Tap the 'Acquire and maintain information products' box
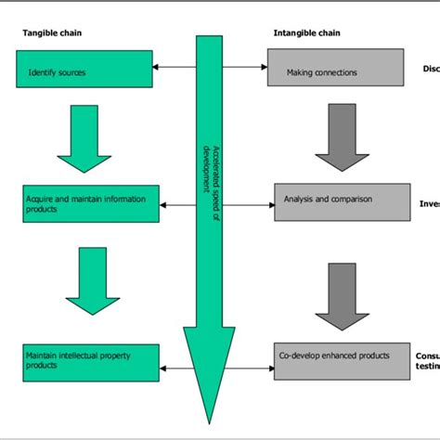pyautogui.click(x=91, y=202)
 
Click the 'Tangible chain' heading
pyautogui.click(x=50, y=33)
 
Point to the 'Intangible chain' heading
pyautogui.click(x=306, y=33)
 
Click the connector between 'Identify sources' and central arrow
pyautogui.click(x=175, y=66)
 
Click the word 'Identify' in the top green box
pyautogui.click(x=43, y=71)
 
